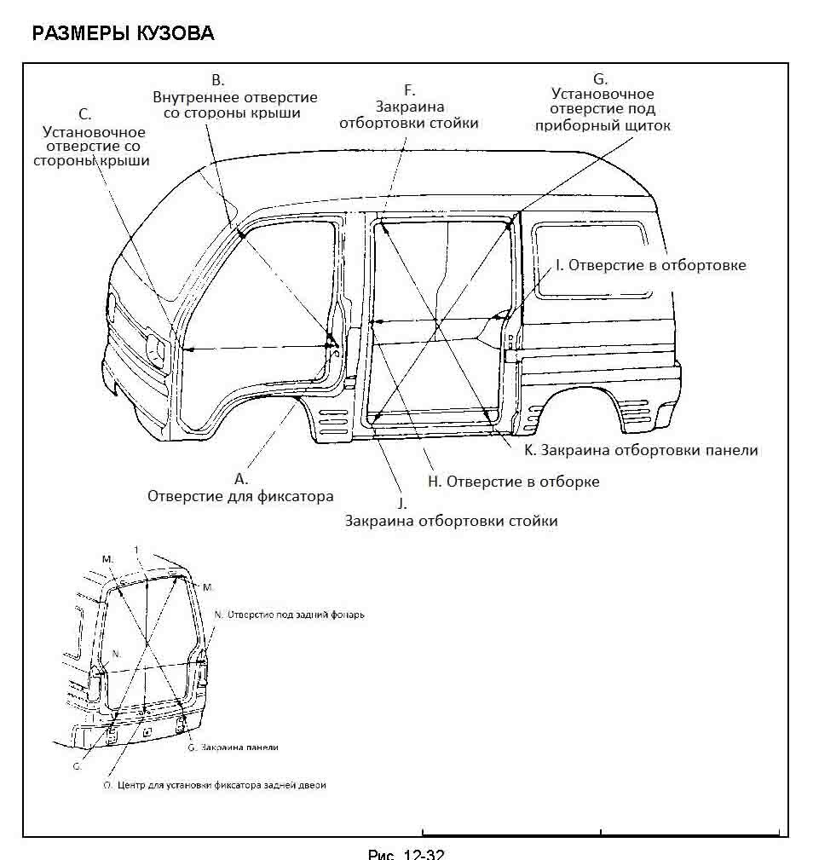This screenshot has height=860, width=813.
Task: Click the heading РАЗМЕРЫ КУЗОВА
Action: point(122,34)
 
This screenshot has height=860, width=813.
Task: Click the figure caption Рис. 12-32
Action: point(406,854)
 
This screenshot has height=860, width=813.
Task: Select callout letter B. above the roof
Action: point(217,81)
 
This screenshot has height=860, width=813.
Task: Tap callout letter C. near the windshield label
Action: point(84,114)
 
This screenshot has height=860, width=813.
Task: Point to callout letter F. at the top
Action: point(409,89)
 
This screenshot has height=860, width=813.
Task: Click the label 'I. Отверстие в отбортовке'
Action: point(650,265)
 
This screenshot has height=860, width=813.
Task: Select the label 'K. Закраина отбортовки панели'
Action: point(641,449)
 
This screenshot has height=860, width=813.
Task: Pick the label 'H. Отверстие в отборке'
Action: point(513,482)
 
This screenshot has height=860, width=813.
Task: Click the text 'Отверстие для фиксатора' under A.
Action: point(240,496)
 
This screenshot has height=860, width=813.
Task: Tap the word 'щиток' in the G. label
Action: point(649,125)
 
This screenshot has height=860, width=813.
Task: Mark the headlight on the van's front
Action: point(156,349)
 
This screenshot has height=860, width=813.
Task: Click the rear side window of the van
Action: point(592,259)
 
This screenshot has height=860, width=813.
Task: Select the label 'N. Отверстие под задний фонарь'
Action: point(290,615)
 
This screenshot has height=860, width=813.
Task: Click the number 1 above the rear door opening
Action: point(135,548)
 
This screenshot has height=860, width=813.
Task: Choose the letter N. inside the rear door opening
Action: point(118,652)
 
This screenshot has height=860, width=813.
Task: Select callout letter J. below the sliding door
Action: point(404,503)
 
